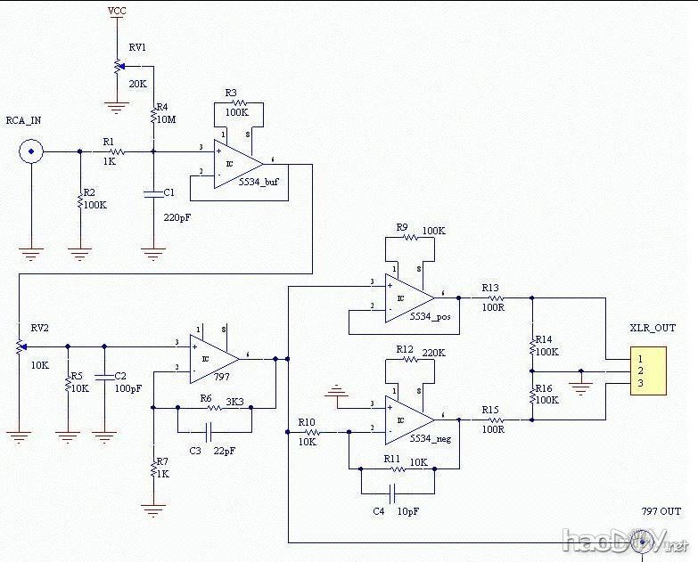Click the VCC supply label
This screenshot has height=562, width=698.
116,11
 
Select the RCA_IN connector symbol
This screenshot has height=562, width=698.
32,152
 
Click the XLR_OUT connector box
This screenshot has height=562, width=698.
647,370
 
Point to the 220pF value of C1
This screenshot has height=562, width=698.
177,216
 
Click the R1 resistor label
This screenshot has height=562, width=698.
109,141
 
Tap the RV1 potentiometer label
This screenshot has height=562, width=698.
137,46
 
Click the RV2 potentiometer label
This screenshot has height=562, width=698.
40,328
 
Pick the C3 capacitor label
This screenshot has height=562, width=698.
194,452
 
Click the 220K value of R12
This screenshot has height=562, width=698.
433,353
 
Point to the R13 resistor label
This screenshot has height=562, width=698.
490,288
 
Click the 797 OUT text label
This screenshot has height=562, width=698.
661,511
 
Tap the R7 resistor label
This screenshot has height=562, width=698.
161,461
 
